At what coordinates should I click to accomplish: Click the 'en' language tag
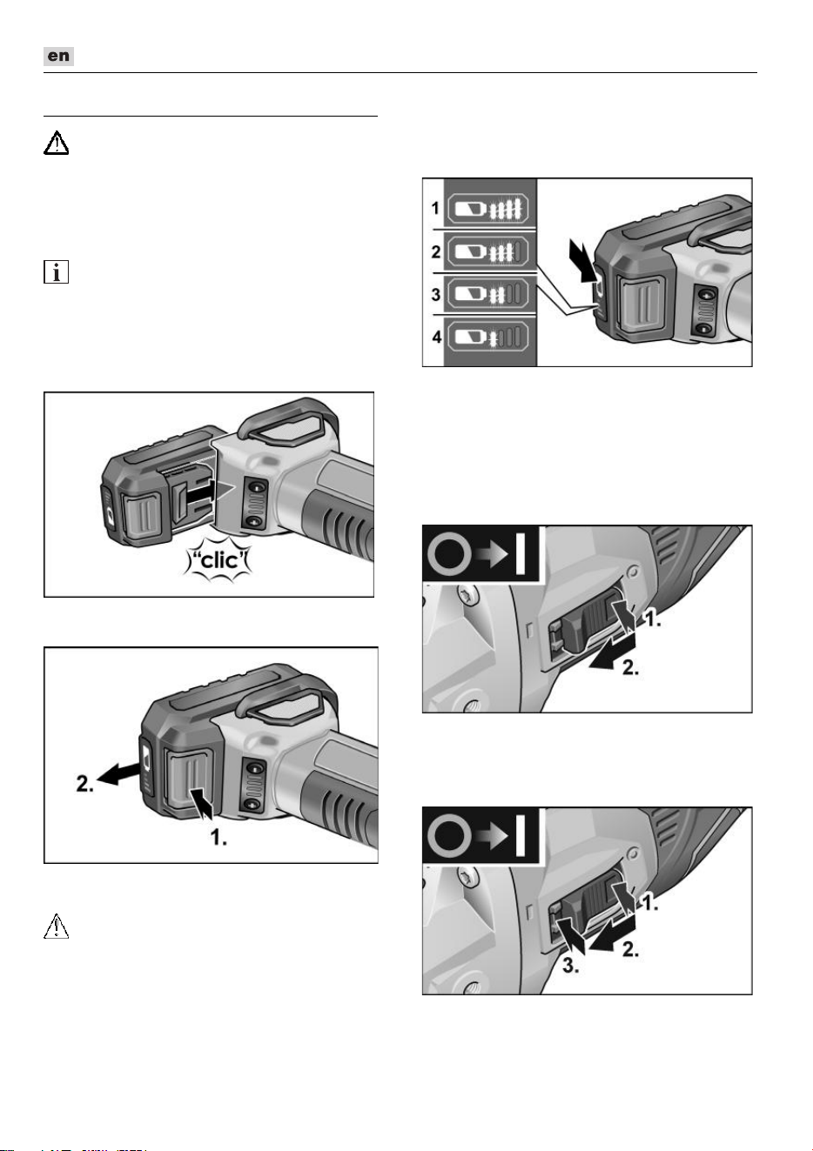coord(58,56)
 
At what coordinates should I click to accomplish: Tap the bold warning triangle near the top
coord(56,144)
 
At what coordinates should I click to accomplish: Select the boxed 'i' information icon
coord(56,271)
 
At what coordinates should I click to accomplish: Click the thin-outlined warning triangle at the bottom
coord(56,927)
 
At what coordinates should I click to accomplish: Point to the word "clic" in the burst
coord(219,559)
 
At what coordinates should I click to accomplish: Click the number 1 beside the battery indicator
coord(435,208)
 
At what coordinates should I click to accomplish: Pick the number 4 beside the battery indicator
coord(437,337)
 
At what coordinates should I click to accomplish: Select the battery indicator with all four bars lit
coord(486,209)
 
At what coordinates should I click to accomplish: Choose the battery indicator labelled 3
coord(486,294)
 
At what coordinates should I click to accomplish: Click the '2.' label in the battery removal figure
coord(84,784)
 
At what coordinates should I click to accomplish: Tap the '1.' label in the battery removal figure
coord(218,838)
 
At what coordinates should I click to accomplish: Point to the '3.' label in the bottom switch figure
coord(571,966)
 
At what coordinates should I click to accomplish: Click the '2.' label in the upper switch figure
coord(631,667)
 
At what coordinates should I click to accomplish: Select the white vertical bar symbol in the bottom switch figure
coord(520,837)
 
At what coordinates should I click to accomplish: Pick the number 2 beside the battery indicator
coord(436,251)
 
